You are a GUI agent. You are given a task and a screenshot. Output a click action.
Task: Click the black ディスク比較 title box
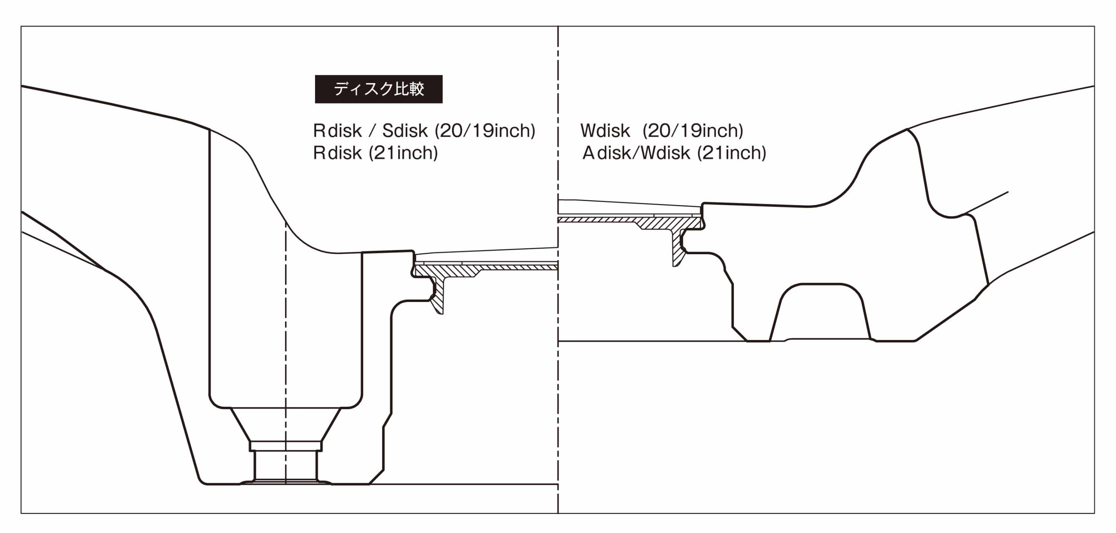point(379,89)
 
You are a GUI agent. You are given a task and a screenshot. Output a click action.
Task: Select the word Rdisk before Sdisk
point(337,130)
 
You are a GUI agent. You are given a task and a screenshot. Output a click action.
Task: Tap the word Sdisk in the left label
point(405,130)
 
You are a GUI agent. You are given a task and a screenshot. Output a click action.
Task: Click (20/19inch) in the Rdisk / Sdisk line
point(485,130)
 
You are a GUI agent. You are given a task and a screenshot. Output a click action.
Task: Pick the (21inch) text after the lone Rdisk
point(403,153)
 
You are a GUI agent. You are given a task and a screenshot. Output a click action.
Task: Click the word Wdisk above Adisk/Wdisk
point(605,130)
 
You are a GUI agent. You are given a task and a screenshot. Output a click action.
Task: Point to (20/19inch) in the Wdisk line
point(693,130)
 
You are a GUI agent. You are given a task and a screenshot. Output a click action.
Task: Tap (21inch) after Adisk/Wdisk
point(732,153)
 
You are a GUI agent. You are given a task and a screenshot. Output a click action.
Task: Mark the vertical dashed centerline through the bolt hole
point(285,353)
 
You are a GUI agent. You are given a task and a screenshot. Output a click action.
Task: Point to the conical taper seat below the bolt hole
point(285,425)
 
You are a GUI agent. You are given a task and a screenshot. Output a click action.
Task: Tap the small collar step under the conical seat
point(285,446)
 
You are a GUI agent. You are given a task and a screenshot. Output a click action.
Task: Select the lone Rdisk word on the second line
point(337,153)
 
